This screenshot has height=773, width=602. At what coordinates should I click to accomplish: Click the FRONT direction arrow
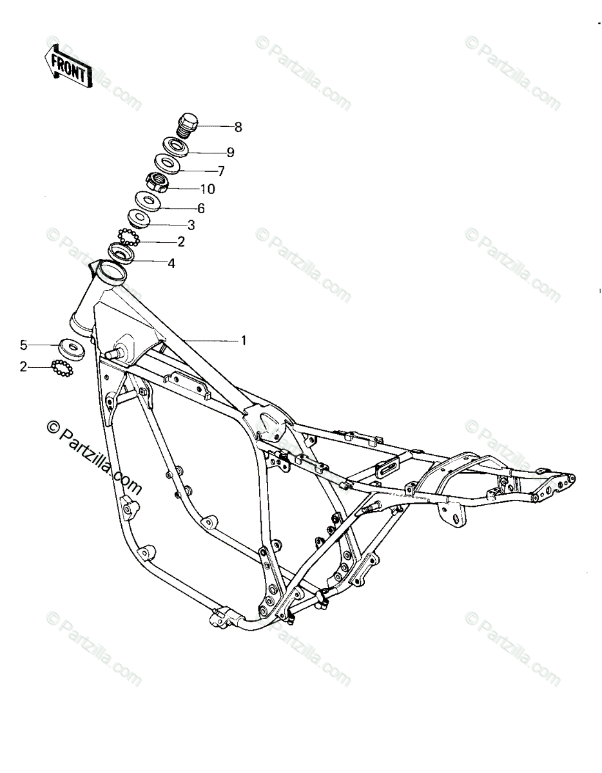[68, 65]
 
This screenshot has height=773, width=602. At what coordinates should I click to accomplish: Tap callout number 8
[238, 127]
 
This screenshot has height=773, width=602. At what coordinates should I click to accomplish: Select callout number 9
[230, 153]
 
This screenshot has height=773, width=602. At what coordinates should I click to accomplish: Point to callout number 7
[221, 171]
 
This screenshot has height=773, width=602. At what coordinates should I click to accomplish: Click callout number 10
[208, 189]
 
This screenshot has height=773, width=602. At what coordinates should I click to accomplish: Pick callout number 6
[201, 208]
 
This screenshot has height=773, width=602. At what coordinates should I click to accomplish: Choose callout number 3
[191, 225]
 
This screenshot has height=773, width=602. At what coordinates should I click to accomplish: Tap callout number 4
[171, 263]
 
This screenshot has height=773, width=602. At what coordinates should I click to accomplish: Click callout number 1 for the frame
[244, 340]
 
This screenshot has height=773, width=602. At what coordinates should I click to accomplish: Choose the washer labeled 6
[148, 202]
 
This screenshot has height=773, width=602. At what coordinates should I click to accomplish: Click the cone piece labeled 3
[138, 218]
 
